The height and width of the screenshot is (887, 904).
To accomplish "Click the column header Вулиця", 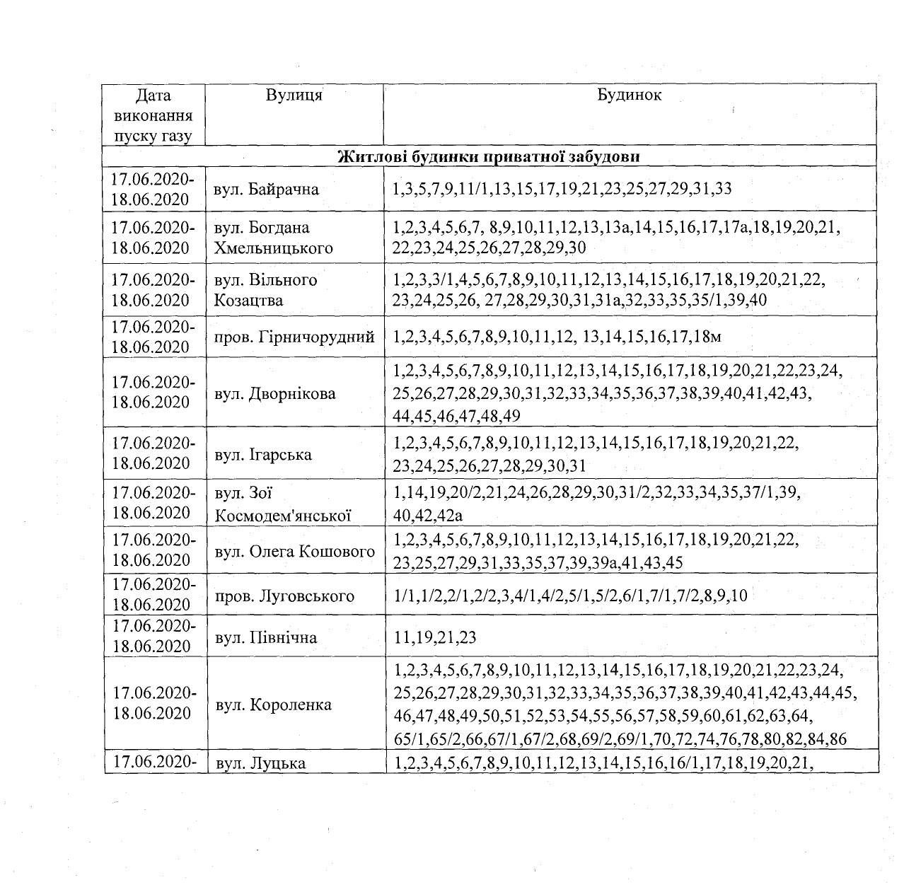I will pyautogui.click(x=294, y=95).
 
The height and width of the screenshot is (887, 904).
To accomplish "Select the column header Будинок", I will pyautogui.click(x=629, y=95).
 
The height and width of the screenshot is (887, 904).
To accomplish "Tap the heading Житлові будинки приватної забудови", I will pyautogui.click(x=489, y=156).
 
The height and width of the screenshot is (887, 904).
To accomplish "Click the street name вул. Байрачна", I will pyautogui.click(x=266, y=190).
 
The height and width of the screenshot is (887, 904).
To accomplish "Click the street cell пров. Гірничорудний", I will pyautogui.click(x=294, y=337).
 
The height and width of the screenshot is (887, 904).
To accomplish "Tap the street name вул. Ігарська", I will pyautogui.click(x=262, y=453).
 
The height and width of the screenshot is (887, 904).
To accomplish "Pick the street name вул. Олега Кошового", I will pyautogui.click(x=294, y=551).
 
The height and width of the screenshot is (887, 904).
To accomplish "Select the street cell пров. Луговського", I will pyautogui.click(x=284, y=596).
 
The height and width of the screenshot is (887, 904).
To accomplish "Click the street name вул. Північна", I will pyautogui.click(x=265, y=637).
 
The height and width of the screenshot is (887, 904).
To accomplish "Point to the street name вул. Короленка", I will pyautogui.click(x=272, y=705).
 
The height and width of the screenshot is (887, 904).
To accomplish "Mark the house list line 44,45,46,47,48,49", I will pyautogui.click(x=456, y=416).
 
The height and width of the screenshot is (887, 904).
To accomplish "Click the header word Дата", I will pyautogui.click(x=153, y=95).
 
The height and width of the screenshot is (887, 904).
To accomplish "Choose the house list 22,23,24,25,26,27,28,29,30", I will pyautogui.click(x=489, y=248).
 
